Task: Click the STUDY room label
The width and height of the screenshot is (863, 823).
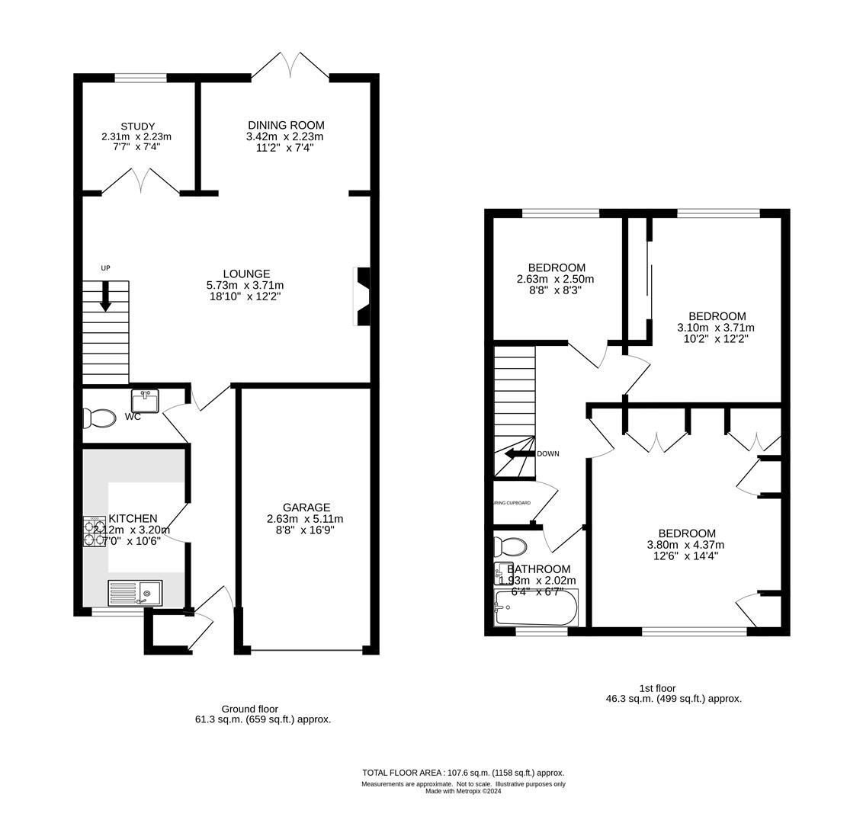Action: pyautogui.click(x=137, y=126)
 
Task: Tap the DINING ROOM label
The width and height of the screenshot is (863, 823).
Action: pyautogui.click(x=286, y=125)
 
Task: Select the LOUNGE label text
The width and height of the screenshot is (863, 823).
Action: pyautogui.click(x=246, y=274)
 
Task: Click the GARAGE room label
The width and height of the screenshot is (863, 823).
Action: pyautogui.click(x=306, y=508)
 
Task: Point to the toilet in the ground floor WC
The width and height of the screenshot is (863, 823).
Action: pyautogui.click(x=98, y=418)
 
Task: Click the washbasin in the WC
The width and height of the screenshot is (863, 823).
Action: pyautogui.click(x=145, y=401)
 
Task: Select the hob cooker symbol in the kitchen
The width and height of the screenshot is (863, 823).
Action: pyautogui.click(x=95, y=532)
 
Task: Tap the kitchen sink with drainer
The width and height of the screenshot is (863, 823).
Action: pyautogui.click(x=135, y=593)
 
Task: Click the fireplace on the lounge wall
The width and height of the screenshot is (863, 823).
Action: pyautogui.click(x=361, y=296)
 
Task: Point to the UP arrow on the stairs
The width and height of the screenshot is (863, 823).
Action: pyautogui.click(x=105, y=296)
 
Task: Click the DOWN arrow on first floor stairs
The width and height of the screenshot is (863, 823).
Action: pyautogui.click(x=518, y=453)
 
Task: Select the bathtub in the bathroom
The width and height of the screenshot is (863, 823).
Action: pyautogui.click(x=535, y=608)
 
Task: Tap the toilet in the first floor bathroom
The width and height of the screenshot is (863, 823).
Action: pyautogui.click(x=510, y=547)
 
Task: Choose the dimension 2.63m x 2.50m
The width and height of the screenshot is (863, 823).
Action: pyautogui.click(x=556, y=279)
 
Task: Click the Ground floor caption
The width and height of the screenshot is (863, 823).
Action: pyautogui.click(x=249, y=709)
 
